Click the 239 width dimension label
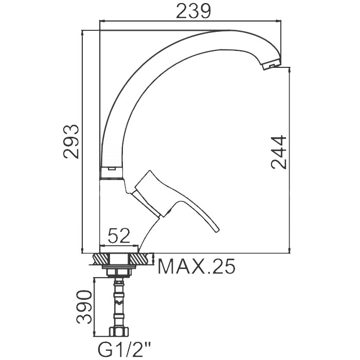193,11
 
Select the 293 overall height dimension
71,141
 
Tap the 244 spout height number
279,152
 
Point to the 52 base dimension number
119,236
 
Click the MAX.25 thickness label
197,266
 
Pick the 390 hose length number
84,307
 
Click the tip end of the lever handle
217,230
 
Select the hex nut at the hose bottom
119,332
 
